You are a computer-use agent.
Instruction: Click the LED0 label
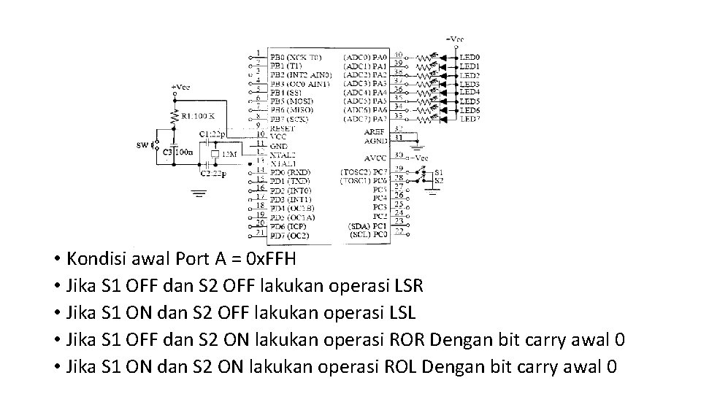469,57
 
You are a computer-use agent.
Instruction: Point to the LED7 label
469,119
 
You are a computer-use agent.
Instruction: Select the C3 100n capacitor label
177,152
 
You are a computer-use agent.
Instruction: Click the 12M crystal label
229,154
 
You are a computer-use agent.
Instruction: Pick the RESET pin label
283,128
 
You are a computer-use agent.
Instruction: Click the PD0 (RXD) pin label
290,172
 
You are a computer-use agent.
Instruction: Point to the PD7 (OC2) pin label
289,235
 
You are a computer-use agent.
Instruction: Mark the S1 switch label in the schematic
438,172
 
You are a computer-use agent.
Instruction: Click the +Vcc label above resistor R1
180,87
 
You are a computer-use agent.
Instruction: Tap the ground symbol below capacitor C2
198,194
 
